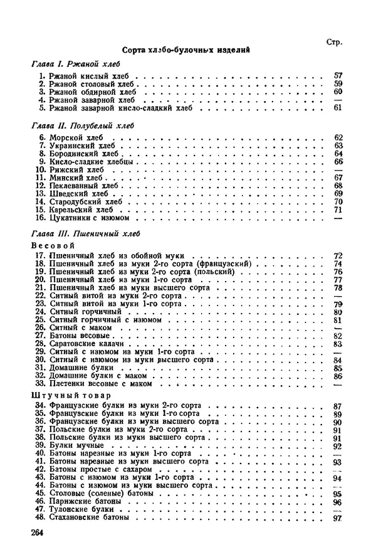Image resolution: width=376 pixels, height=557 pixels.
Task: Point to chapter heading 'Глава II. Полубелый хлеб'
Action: click(x=81, y=125)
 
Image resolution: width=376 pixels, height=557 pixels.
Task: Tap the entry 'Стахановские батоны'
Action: click(x=88, y=518)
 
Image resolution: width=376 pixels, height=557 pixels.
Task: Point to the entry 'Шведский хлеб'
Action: click(x=75, y=194)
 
